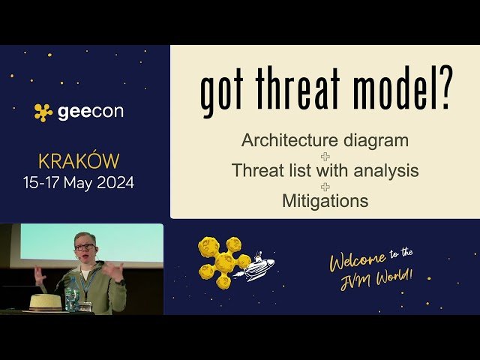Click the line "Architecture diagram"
[x=325, y=140]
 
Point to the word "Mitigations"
[x=325, y=201]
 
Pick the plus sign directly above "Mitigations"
[x=325, y=186]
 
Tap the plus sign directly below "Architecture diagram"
[x=325, y=156]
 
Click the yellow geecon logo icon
[x=43, y=112]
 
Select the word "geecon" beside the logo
[x=91, y=112]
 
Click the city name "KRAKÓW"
[x=78, y=161]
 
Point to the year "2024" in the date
[x=117, y=182]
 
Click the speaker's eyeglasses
[x=84, y=247]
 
